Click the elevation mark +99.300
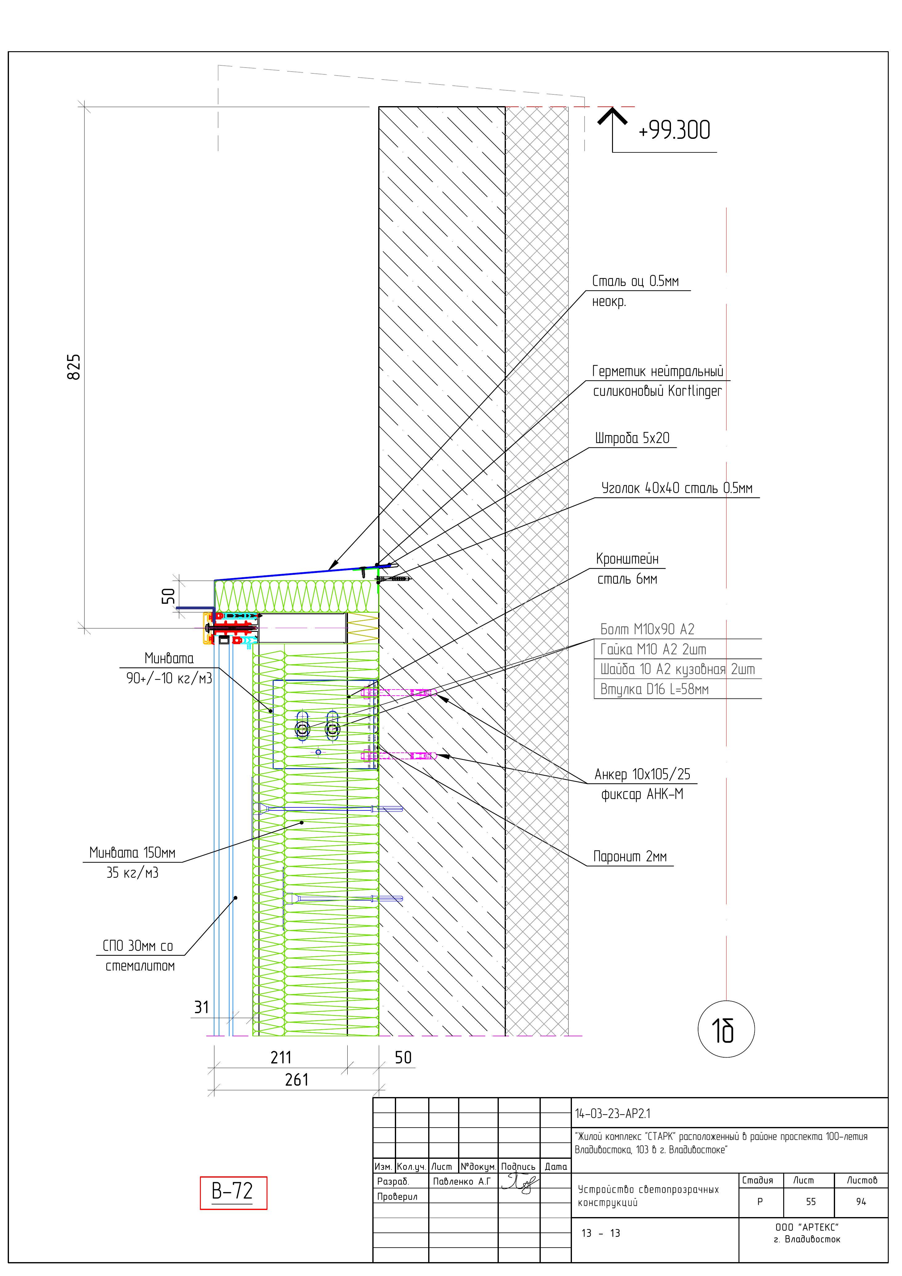click(x=674, y=130)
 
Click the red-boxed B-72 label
click(x=233, y=1192)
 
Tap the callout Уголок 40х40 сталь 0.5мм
click(x=676, y=488)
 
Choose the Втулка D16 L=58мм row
click(x=654, y=690)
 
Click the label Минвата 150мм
click(x=132, y=852)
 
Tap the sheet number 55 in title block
click(x=811, y=1202)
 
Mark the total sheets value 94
click(x=861, y=1202)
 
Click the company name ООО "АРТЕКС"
click(x=806, y=1227)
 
